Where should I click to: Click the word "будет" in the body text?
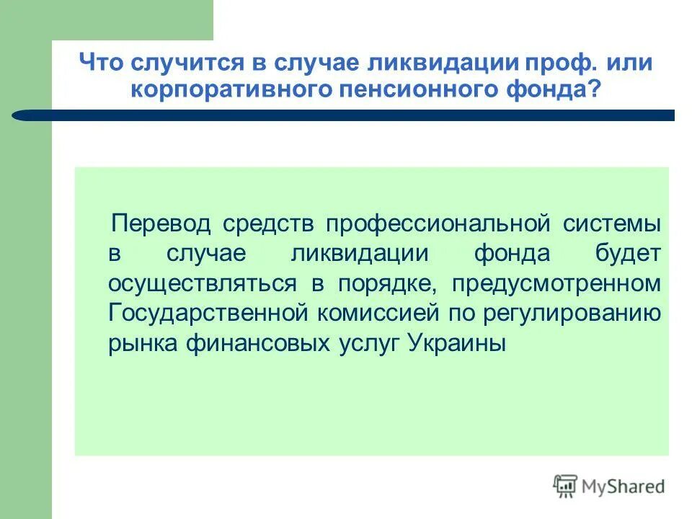pos(627,253)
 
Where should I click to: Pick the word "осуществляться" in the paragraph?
pos(203,283)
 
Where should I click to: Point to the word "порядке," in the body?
pos(385,283)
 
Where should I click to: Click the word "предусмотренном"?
pos(556,283)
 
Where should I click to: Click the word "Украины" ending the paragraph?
pos(458,343)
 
